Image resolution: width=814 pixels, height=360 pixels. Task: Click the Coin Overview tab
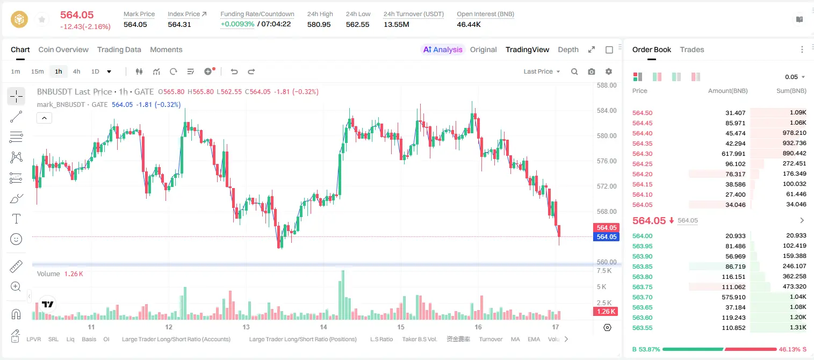click(x=63, y=50)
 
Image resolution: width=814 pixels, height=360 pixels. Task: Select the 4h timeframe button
click(x=76, y=71)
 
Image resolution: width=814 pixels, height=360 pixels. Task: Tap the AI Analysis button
click(x=443, y=50)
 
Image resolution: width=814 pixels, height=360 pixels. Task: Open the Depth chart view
click(x=568, y=50)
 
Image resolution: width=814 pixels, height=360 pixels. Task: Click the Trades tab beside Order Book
click(x=692, y=50)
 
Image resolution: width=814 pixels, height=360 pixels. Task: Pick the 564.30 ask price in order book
click(x=642, y=154)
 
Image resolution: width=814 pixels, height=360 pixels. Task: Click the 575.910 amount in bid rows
click(x=733, y=297)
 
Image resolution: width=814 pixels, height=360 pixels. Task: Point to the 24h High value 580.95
click(x=319, y=24)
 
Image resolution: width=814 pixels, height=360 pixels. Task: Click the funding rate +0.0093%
click(x=237, y=24)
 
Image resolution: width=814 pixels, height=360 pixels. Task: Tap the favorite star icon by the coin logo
click(x=42, y=19)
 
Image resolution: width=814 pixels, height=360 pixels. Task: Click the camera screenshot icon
click(x=591, y=71)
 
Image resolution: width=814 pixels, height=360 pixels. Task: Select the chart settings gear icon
click(x=609, y=71)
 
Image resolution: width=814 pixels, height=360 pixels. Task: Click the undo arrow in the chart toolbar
click(x=234, y=71)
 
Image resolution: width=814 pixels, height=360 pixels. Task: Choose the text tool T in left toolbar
click(x=16, y=219)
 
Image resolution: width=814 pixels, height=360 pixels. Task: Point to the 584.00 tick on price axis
click(x=607, y=111)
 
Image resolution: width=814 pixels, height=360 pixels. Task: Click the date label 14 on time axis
click(x=323, y=327)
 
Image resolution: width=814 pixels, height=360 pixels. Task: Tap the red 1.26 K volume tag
click(x=606, y=311)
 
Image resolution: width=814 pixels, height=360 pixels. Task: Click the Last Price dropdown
click(x=542, y=71)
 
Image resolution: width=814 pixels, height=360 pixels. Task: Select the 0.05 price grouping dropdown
click(x=795, y=77)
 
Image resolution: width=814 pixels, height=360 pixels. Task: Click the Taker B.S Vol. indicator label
click(x=419, y=339)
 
